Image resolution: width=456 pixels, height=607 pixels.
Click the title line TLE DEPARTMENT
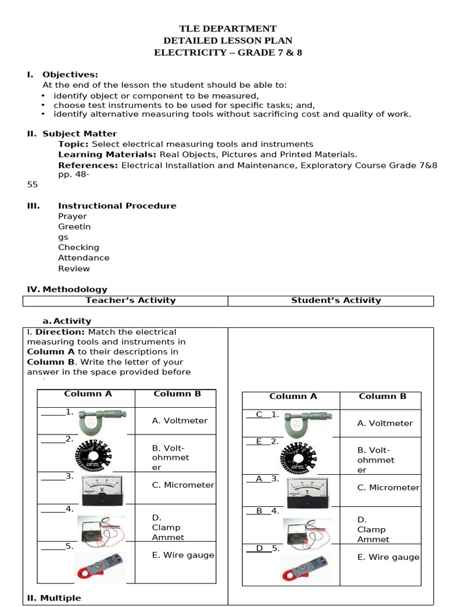click(228, 28)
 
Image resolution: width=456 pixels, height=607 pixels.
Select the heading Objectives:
click(70, 75)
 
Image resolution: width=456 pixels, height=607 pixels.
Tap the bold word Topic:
click(74, 144)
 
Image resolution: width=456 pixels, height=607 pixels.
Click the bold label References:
click(88, 165)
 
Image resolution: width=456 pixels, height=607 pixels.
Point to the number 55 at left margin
click(32, 184)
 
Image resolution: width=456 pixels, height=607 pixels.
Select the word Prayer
click(72, 216)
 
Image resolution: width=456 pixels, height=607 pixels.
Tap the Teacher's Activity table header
click(131, 301)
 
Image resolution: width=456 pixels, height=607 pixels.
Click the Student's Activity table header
click(336, 301)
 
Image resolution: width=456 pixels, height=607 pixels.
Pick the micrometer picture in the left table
click(101, 421)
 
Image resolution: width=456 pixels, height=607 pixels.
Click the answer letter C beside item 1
click(259, 414)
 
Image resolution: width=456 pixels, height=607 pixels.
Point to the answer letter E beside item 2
click(259, 441)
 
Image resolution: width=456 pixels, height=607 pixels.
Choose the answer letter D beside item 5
click(259, 548)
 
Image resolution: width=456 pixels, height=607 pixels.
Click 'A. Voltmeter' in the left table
click(179, 420)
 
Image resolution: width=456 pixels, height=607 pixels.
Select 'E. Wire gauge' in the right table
click(388, 557)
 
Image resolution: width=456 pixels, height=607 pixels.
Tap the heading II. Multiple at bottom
click(55, 598)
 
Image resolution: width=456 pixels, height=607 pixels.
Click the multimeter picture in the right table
click(307, 531)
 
